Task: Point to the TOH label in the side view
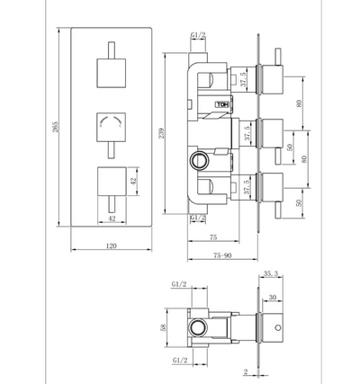point(222,104)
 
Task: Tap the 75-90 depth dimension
point(222,255)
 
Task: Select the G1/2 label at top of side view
point(198,36)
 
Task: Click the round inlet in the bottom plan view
point(200,326)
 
